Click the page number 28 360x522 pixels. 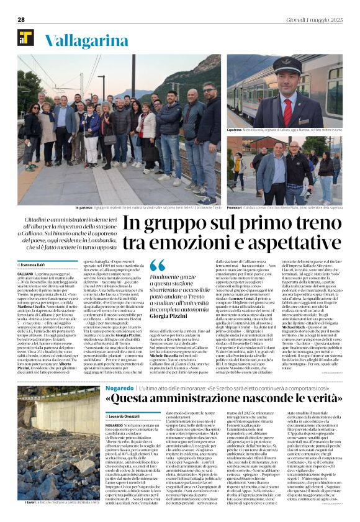tap(20, 19)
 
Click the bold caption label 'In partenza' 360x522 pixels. tap(84, 207)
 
